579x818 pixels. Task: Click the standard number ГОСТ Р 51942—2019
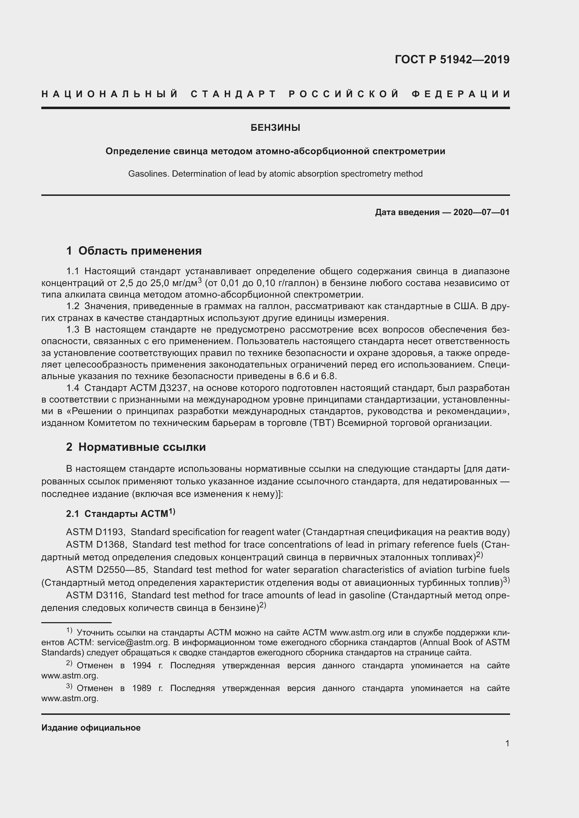tap(452, 59)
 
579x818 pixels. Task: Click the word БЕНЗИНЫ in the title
tap(275, 128)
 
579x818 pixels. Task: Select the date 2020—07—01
tap(481, 213)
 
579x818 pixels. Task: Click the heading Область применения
tap(140, 251)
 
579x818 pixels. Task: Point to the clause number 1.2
tap(73, 306)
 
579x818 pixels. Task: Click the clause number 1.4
tap(73, 387)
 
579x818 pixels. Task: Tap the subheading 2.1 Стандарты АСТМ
tap(120, 513)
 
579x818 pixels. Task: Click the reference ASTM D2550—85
tap(105, 570)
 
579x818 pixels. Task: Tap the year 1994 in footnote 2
tap(142, 666)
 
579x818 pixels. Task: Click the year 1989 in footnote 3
tap(142, 688)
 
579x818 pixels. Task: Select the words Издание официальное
tap(91, 728)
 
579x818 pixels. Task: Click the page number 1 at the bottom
tap(507, 743)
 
